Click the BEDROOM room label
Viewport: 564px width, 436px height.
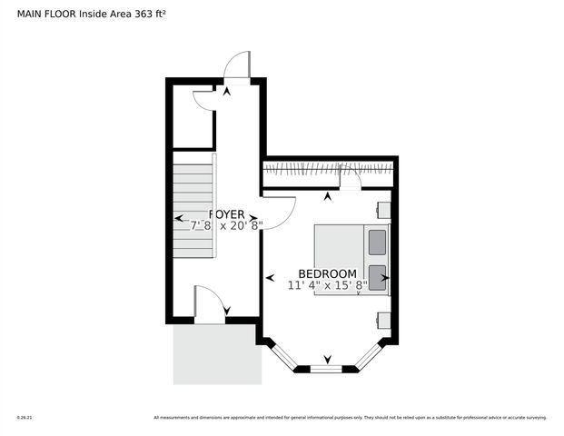327,273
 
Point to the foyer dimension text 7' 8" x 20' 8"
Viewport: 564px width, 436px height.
226,225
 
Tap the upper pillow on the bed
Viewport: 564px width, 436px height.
377,242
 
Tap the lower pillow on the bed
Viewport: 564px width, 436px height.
377,277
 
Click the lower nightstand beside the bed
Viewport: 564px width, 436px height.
383,319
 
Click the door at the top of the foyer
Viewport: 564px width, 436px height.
237,64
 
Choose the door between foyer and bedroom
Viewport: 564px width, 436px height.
280,211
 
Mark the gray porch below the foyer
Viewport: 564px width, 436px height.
217,353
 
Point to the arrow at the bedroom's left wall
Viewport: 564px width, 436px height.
269,277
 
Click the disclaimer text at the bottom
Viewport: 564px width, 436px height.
350,418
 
